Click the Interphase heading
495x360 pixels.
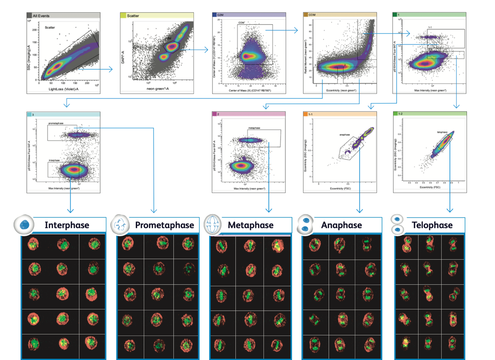67,225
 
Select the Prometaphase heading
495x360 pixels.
164,225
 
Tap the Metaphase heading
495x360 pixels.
251,225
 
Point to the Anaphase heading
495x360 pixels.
341,225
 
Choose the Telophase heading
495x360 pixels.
432,225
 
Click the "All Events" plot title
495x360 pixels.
41,16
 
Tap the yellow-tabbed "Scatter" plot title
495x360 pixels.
133,16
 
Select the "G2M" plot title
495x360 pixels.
220,15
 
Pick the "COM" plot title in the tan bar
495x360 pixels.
312,15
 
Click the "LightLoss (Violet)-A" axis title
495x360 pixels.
63,89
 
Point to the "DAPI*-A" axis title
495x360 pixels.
123,56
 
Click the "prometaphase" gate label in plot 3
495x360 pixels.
56,123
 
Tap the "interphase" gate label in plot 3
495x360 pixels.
54,160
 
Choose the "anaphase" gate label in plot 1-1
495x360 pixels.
344,135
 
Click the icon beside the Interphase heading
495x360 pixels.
24,225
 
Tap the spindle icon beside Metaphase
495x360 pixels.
213,225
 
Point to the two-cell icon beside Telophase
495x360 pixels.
397,225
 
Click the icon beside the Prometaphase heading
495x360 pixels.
120,225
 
